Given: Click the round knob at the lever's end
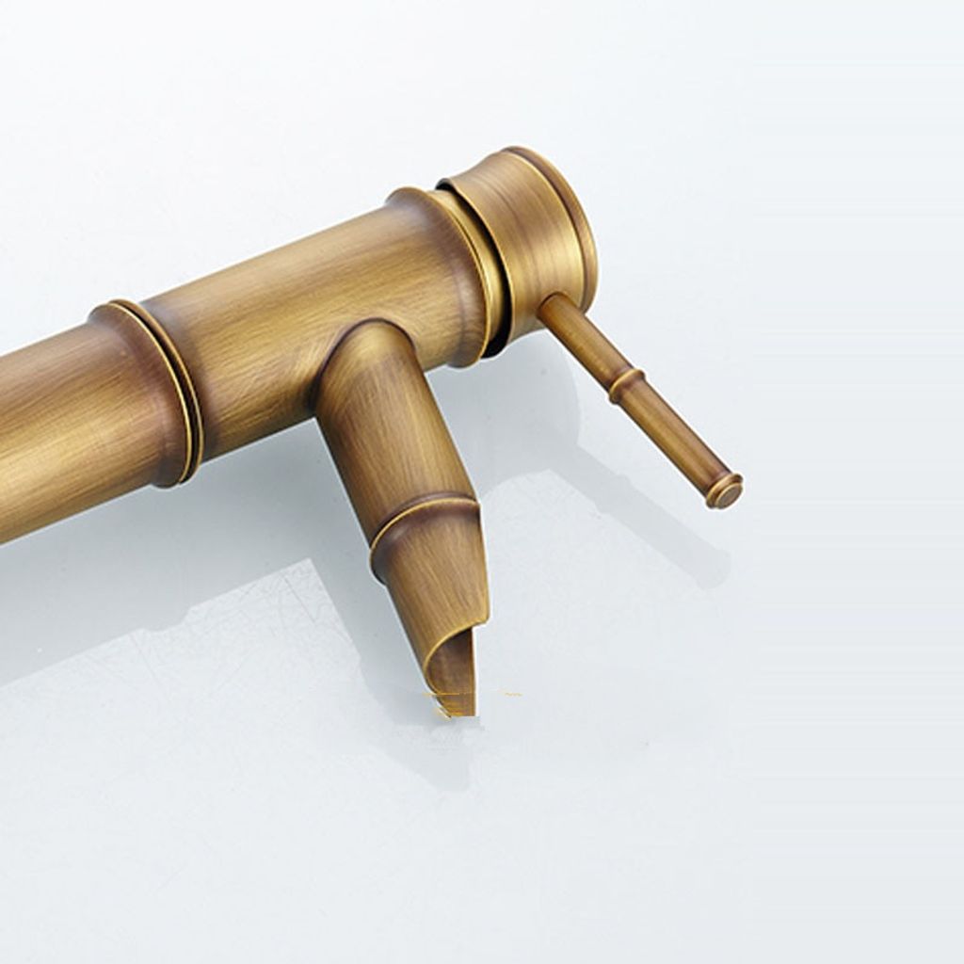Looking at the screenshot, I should click(725, 490).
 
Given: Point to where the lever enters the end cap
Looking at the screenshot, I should click(550, 306).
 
